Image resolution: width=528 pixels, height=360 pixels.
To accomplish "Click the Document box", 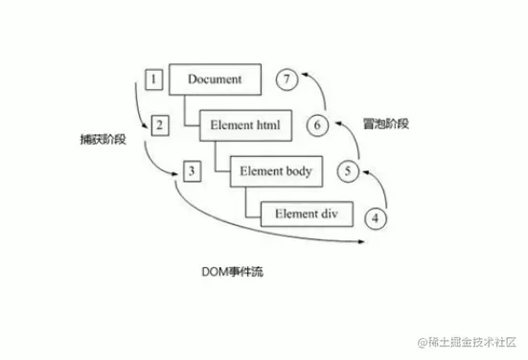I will click(x=216, y=79).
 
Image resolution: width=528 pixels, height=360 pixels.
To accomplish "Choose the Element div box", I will click(x=306, y=214).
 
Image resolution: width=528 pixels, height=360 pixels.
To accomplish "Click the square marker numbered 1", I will click(x=152, y=78).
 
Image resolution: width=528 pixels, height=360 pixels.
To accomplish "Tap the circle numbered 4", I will click(x=376, y=217).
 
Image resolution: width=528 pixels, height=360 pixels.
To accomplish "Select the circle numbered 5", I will click(x=349, y=171).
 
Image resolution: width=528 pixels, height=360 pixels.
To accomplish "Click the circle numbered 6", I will click(x=318, y=124).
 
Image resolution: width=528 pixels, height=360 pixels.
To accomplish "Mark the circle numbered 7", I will click(x=286, y=79).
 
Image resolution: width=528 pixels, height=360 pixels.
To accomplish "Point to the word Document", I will click(x=216, y=79).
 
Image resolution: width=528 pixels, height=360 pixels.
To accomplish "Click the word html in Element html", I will click(x=267, y=124).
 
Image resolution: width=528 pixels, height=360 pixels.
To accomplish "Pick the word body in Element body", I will click(x=299, y=170).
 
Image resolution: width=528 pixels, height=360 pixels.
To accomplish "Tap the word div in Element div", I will click(x=327, y=214).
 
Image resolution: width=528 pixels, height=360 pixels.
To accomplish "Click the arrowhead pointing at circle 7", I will click(x=303, y=75).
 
